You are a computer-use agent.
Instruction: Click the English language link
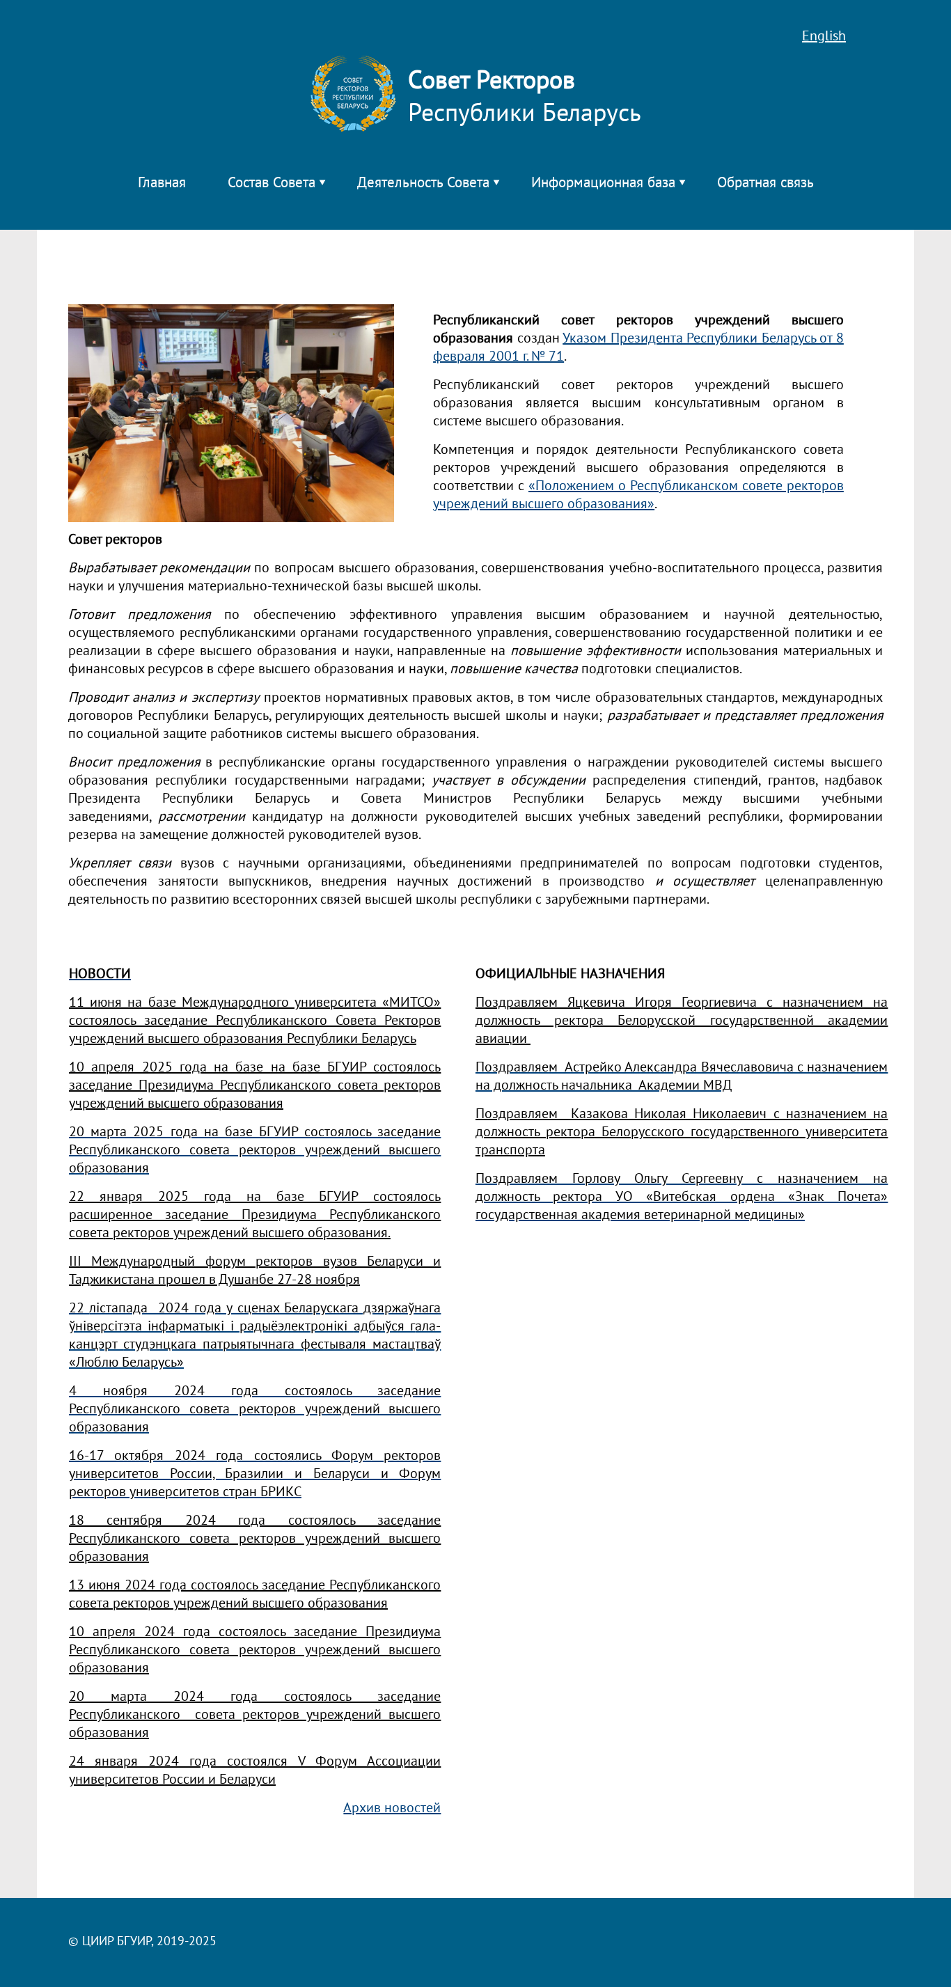coord(823,36)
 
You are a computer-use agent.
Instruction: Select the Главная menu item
coord(162,183)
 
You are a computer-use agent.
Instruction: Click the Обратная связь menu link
coord(764,183)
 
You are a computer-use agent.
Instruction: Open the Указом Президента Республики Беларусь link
coord(702,338)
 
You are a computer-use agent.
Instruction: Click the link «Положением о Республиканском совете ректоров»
coord(685,486)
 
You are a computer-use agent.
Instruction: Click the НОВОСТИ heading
coord(100,973)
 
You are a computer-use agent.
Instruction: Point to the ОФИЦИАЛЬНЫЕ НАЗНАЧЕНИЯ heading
coord(569,973)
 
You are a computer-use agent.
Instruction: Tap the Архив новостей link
coord(391,1807)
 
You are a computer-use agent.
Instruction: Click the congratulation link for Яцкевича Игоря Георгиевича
coord(680,1020)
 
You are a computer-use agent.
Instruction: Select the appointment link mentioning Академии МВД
coord(680,1076)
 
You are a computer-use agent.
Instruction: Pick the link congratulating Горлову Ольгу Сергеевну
coord(680,1195)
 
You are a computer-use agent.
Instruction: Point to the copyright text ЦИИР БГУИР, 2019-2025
coord(143,1941)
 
